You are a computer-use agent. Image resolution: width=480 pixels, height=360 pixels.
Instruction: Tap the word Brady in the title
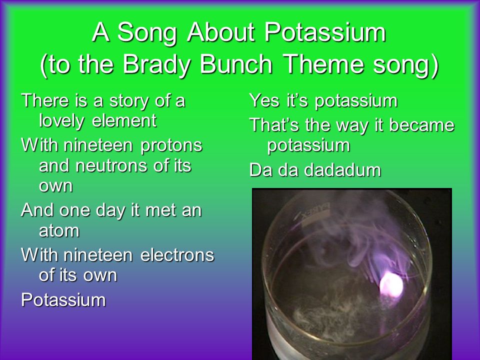point(157,64)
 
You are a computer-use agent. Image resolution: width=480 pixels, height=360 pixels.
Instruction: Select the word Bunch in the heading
point(236,64)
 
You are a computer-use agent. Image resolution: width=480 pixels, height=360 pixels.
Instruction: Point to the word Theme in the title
point(324,64)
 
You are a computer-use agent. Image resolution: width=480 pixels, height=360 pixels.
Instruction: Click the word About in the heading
point(220,32)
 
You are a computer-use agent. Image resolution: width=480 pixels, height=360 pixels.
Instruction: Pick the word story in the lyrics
point(130,101)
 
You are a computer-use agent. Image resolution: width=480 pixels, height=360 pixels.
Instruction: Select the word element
point(124,120)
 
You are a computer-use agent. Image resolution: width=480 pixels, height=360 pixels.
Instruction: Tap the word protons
point(171,145)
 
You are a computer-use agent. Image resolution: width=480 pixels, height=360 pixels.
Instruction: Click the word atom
point(59,230)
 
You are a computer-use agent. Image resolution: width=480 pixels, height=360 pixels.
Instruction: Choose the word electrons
point(177,255)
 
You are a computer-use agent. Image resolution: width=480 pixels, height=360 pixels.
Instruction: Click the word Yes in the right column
point(264,100)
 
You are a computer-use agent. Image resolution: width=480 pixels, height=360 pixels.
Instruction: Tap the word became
point(421,125)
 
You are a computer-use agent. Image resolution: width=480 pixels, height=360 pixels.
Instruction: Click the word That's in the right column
point(274,125)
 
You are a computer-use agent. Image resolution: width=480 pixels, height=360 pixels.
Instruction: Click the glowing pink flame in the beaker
point(391,285)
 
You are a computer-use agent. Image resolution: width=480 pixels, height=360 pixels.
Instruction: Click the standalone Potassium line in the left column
point(63,299)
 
